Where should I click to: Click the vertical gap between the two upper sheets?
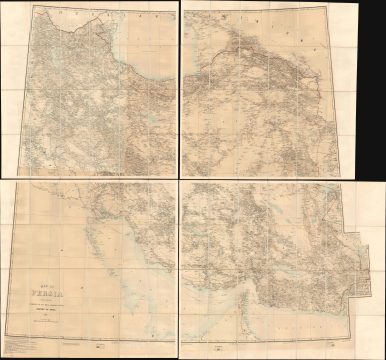click(x=180, y=90)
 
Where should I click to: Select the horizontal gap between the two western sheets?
click(x=90, y=179)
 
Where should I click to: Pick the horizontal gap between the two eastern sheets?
click(x=270, y=179)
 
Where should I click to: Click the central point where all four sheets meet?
click(x=180, y=179)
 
